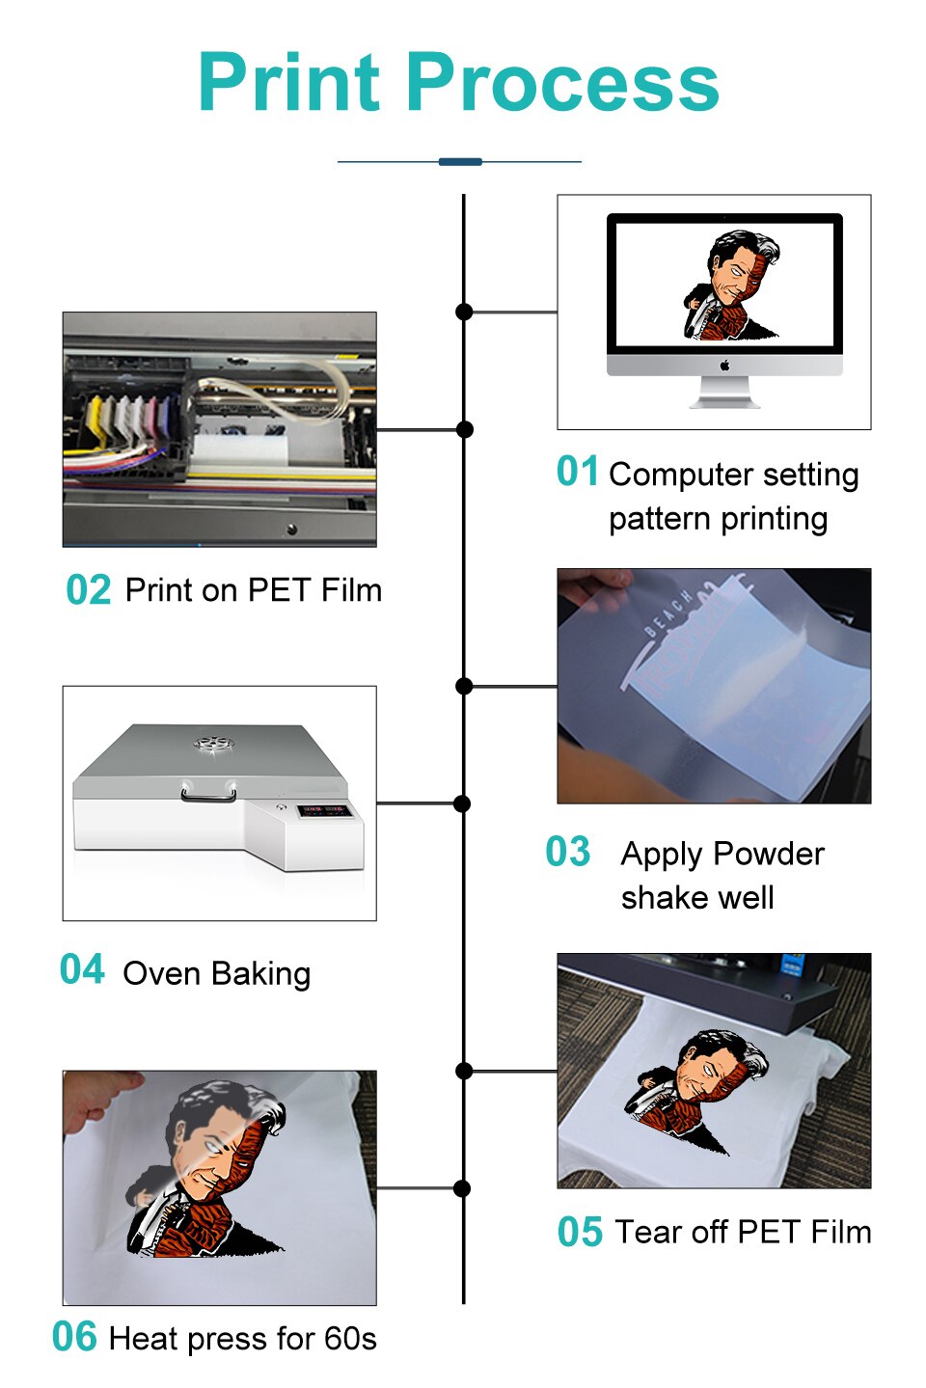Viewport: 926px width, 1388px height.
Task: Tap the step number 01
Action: tap(577, 472)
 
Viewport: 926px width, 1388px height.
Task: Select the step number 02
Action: tap(88, 590)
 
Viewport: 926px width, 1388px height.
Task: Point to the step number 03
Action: tap(567, 853)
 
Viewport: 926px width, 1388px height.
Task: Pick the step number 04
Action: tap(82, 970)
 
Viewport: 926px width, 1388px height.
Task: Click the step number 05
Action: tap(580, 1233)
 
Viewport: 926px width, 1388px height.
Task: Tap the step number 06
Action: tap(74, 1338)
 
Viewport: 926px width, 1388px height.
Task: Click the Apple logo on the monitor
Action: tap(724, 366)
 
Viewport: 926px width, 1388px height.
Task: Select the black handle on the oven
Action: tap(208, 795)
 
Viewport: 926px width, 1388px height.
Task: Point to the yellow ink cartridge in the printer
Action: tap(95, 422)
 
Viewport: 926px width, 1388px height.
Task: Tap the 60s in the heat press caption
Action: tap(349, 1339)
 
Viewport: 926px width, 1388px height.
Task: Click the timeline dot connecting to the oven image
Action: tap(462, 803)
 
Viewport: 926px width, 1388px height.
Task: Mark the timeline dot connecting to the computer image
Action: tap(464, 312)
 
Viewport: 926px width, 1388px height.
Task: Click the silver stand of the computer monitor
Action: tap(724, 393)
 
